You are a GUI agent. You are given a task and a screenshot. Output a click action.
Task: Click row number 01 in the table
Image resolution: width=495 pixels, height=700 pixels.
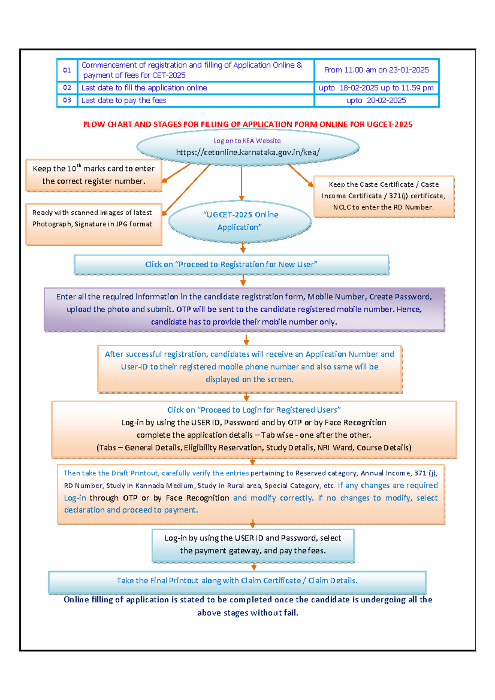(67, 70)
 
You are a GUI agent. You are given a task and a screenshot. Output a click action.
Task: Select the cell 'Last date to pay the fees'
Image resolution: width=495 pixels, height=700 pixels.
(124, 101)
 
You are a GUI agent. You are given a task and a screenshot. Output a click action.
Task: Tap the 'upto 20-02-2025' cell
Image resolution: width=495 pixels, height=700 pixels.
(376, 101)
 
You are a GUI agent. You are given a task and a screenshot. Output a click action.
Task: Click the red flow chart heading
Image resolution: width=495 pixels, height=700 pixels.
(247, 124)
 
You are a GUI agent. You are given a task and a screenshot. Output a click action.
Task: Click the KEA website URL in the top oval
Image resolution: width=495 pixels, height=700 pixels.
(247, 153)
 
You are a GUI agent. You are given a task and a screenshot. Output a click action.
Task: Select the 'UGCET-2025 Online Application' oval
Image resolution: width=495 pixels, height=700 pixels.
(240, 221)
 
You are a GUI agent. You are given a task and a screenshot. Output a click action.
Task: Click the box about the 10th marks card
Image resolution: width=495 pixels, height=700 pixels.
(94, 175)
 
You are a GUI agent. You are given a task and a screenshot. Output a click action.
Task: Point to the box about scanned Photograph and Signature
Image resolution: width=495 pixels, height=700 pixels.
(93, 223)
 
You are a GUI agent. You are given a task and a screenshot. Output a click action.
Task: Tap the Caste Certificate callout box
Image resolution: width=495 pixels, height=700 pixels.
(384, 196)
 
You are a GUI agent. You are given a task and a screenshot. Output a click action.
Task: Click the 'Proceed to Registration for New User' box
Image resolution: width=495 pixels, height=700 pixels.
(231, 265)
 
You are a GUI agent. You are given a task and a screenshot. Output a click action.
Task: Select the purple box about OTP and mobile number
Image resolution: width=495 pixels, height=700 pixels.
(244, 309)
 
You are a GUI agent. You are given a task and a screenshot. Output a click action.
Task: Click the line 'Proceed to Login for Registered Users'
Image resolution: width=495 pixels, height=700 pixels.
(254, 410)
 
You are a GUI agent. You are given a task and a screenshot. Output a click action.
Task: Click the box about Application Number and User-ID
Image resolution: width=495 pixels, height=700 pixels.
(250, 367)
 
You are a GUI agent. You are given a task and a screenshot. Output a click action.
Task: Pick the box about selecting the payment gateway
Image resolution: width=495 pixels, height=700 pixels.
(253, 545)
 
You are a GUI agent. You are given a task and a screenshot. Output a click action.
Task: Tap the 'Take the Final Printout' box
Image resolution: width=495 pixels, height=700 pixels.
(237, 581)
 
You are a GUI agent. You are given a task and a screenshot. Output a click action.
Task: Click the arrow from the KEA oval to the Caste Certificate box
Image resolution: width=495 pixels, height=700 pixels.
(301, 176)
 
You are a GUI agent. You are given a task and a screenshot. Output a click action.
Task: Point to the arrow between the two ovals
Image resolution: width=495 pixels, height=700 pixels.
(241, 183)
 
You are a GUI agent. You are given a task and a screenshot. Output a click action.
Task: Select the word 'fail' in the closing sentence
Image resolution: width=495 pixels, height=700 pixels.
(290, 613)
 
